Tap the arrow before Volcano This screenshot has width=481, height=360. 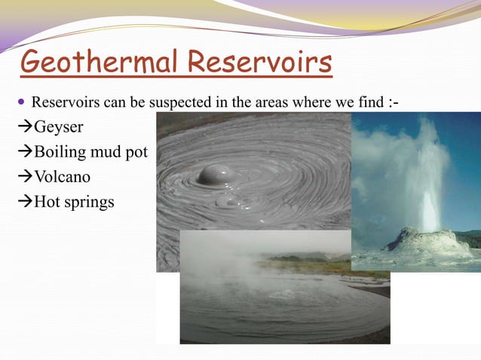coord(24,177)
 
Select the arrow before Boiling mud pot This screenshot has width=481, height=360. coord(24,152)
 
